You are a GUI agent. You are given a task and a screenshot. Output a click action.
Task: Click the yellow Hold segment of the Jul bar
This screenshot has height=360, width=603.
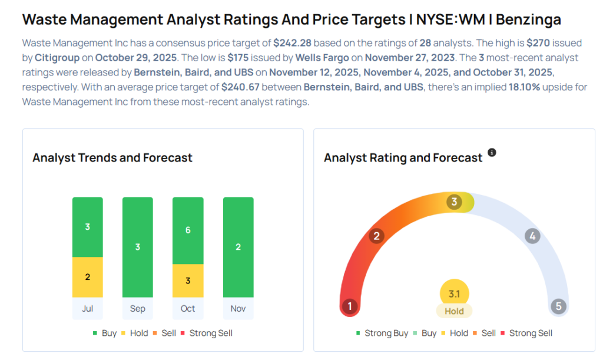(x=88, y=277)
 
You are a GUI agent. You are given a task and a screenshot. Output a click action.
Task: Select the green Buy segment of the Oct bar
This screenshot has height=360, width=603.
(x=188, y=230)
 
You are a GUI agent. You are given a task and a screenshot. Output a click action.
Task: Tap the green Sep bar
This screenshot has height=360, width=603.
(x=138, y=247)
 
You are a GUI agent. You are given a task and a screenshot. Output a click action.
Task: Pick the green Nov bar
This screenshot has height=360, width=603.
(x=238, y=247)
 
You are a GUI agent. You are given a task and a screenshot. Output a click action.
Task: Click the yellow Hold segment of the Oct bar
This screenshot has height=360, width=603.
(x=188, y=280)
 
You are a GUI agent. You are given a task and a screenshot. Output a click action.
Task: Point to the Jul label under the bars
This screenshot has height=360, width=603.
(x=88, y=309)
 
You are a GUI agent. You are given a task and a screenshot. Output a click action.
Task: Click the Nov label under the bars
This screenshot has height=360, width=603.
(x=238, y=309)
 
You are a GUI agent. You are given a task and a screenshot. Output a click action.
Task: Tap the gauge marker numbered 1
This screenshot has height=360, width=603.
(x=350, y=306)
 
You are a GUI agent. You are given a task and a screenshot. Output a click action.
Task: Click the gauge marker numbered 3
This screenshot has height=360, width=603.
(x=453, y=202)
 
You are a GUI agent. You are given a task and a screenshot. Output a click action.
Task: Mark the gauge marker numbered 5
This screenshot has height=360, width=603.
(x=558, y=306)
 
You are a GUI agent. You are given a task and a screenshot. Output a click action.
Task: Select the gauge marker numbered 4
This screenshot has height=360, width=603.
(x=532, y=236)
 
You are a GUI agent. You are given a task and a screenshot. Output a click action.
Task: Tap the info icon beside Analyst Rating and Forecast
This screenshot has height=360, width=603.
(x=492, y=153)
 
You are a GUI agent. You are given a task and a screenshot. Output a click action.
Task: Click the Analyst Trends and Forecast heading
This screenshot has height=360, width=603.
(x=112, y=158)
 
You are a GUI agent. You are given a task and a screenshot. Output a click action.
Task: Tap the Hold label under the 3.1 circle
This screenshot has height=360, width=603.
(x=454, y=311)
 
